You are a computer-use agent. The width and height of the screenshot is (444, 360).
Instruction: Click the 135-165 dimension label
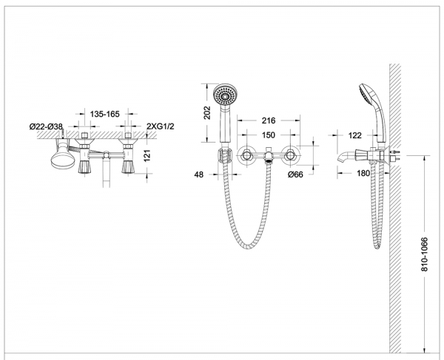point(105,115)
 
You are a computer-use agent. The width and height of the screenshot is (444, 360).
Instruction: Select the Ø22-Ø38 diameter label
point(46,126)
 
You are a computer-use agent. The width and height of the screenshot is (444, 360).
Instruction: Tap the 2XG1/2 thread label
point(161,126)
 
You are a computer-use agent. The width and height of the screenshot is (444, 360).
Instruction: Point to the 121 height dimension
point(147,155)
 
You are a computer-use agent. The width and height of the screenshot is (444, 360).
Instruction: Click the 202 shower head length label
point(207,112)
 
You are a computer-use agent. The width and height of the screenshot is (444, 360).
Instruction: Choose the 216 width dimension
point(269,120)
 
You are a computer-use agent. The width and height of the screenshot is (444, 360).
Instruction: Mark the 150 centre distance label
point(269,135)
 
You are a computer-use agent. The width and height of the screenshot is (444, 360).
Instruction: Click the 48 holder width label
point(199,174)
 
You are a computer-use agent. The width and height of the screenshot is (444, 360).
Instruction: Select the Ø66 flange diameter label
point(295,174)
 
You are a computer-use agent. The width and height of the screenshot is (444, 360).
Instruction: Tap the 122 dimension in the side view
point(354,135)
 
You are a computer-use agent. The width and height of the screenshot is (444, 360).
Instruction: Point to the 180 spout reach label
point(363,173)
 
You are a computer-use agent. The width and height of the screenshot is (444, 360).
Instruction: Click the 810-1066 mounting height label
point(425,254)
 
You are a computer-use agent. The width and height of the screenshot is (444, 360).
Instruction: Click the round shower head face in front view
point(226,95)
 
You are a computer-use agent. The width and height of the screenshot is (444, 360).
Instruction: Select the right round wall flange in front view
point(290,155)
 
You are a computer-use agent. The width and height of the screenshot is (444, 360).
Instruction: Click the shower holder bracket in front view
point(225,156)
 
